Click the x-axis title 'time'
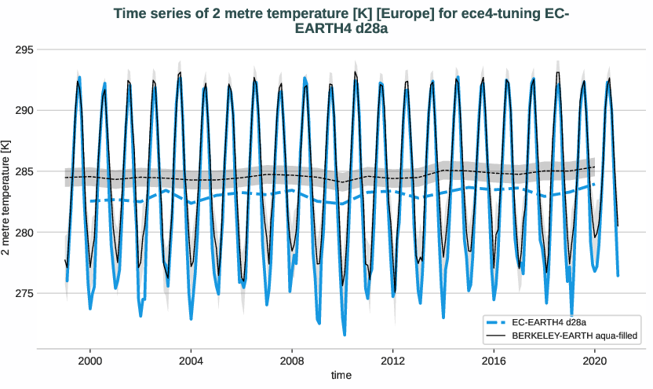341,376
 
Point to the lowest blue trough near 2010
344,335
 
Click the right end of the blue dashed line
594,185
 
